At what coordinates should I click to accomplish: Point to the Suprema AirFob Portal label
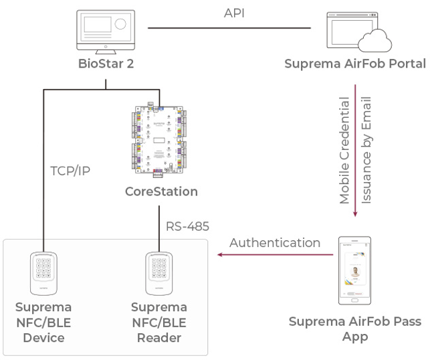tap(354, 65)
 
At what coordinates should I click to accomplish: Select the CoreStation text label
tap(161, 191)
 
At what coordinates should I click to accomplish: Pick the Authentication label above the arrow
tap(274, 242)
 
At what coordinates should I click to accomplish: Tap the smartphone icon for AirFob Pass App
tap(354, 267)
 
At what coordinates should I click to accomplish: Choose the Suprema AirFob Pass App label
tap(355, 329)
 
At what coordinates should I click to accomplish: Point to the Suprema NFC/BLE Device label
tap(43, 323)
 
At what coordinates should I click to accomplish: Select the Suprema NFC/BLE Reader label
tap(159, 323)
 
